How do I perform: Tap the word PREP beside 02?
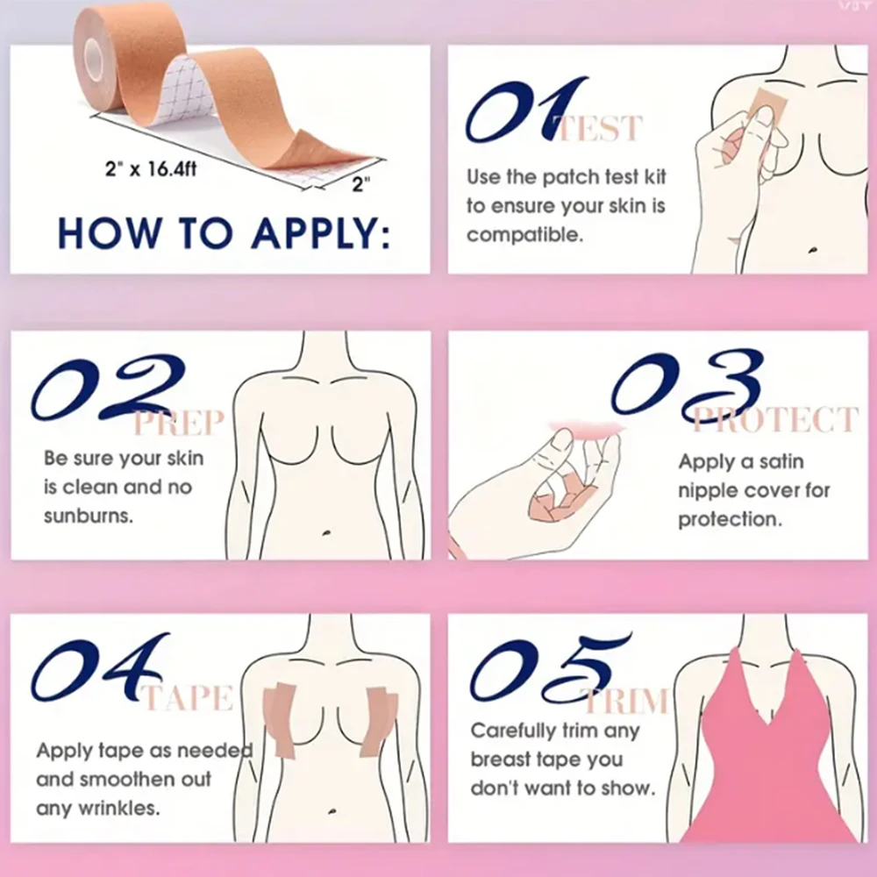pos(179,423)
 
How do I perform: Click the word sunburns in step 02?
pos(89,515)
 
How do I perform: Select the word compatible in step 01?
pos(524,235)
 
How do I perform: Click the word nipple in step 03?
pos(707,490)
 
